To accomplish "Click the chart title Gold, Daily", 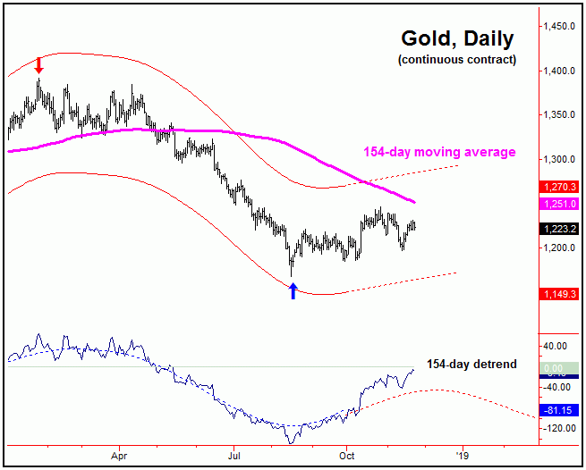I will (456, 39).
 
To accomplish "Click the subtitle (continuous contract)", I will (456, 60).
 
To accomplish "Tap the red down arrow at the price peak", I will (38, 64).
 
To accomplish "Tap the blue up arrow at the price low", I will (293, 290).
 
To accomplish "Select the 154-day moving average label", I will (439, 152).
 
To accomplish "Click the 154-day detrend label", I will (472, 364).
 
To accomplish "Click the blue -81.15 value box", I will (558, 410).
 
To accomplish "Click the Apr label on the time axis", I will (120, 454).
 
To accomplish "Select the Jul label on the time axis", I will (234, 454).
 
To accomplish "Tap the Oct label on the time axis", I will (347, 454).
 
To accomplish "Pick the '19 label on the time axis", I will (462, 454).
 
